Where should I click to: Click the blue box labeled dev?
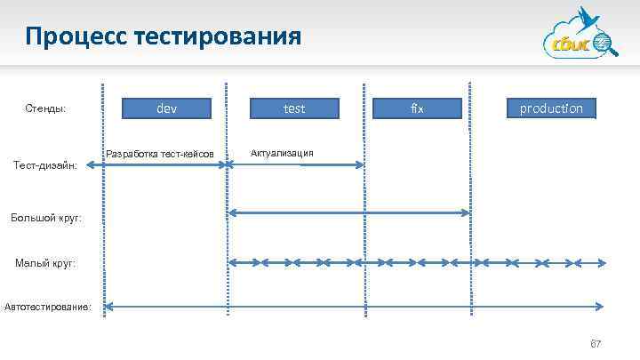[166, 108]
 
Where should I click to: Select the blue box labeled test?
[294, 108]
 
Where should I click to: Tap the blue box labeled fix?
[418, 108]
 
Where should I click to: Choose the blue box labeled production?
[551, 108]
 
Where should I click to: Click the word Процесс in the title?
[75, 36]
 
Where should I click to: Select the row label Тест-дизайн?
[48, 164]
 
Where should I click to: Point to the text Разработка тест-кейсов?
[160, 154]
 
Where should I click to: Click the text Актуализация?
[282, 152]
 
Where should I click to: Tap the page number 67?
[596, 344]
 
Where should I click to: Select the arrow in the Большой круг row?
[348, 212]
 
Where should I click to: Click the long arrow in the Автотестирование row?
[356, 308]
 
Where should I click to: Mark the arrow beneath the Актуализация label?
[297, 164]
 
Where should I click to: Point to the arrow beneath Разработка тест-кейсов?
[166, 164]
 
